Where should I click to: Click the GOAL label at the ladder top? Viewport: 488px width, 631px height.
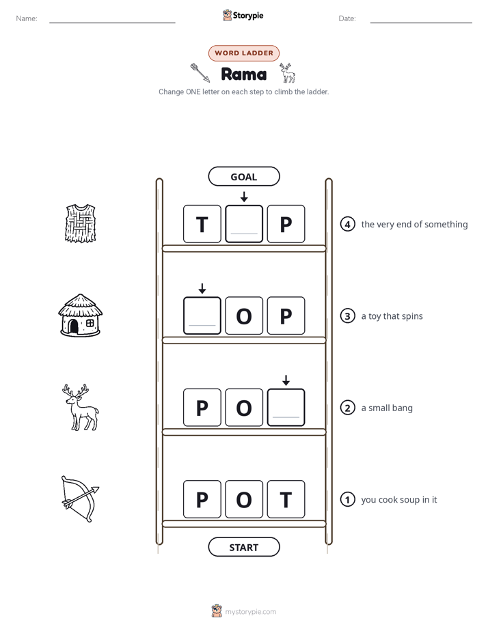[x=243, y=176]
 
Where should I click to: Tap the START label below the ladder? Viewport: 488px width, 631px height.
[x=243, y=547]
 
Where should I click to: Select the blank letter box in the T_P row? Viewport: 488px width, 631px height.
[x=244, y=224]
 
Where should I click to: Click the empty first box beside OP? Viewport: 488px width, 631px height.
[x=202, y=315]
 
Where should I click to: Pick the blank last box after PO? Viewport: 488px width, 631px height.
[x=286, y=407]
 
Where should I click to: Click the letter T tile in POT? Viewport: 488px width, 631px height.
[x=286, y=499]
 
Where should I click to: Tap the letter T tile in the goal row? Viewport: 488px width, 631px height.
[x=202, y=224]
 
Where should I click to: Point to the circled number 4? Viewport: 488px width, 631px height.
[x=347, y=224]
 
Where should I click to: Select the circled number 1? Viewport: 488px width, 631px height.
[x=347, y=499]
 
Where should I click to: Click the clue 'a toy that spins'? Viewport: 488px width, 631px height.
[x=392, y=316]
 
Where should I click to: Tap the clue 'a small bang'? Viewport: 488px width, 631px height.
[x=387, y=408]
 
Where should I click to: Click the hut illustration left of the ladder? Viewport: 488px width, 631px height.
[x=80, y=315]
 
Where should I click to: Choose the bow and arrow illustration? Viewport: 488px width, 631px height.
[x=80, y=499]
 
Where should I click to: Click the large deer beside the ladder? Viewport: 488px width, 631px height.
[x=81, y=407]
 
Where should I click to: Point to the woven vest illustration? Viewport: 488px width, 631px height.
[x=81, y=223]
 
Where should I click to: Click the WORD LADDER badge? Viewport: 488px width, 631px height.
[x=243, y=53]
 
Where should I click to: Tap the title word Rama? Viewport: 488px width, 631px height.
[x=243, y=74]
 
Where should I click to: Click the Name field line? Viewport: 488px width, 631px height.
[x=112, y=23]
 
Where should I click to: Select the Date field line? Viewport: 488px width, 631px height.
[x=421, y=23]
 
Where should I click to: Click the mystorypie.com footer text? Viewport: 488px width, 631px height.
[x=250, y=612]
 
